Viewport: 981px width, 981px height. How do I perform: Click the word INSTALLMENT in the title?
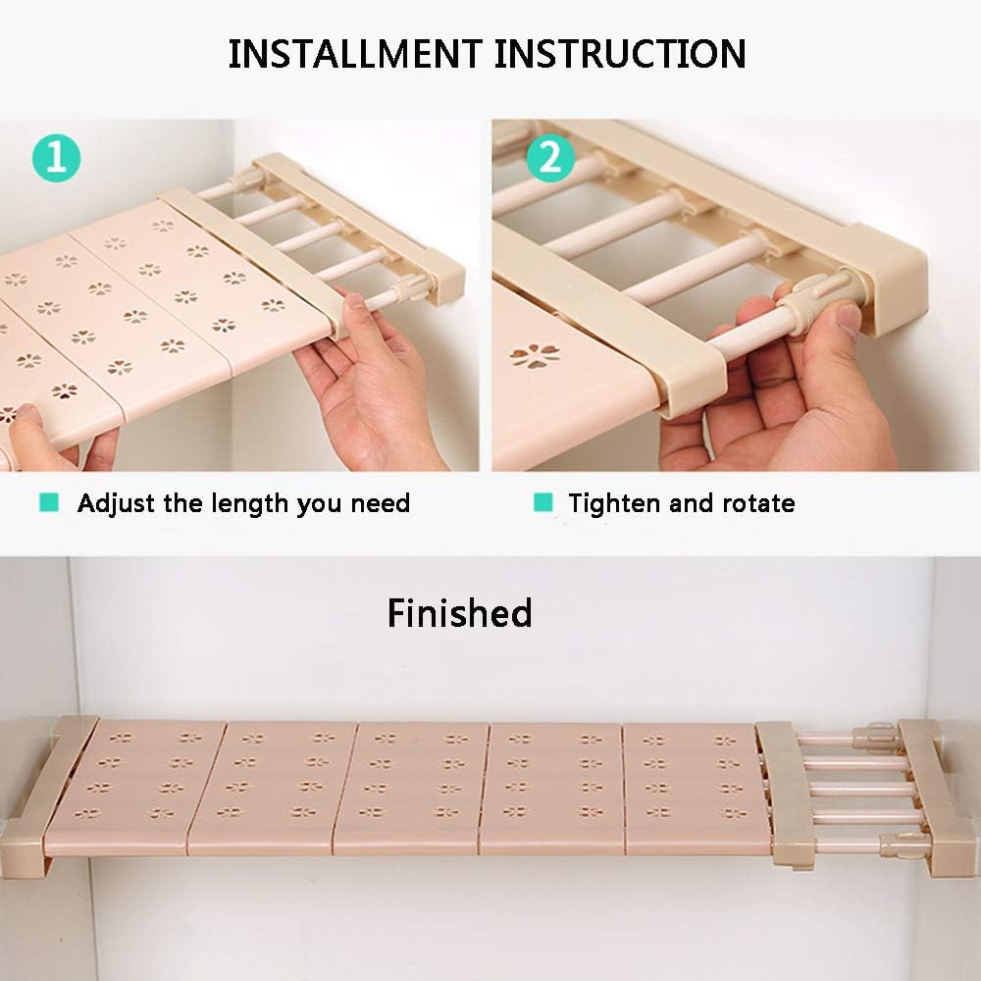coord(355,54)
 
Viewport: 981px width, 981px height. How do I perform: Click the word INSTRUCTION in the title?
coord(620,54)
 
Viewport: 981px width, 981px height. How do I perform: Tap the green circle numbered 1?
coord(56,158)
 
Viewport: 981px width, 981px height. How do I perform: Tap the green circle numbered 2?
coord(550,158)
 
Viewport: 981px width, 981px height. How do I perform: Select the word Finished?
coord(460,613)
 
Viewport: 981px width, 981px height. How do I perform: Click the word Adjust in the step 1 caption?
coord(117,504)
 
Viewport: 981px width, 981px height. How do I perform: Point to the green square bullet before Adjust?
coord(49,502)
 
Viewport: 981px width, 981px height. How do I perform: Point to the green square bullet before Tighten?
coord(543,502)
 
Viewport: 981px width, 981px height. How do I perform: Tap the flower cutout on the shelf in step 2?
coord(535,356)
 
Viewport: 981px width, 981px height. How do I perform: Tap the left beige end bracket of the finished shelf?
coord(44,796)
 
